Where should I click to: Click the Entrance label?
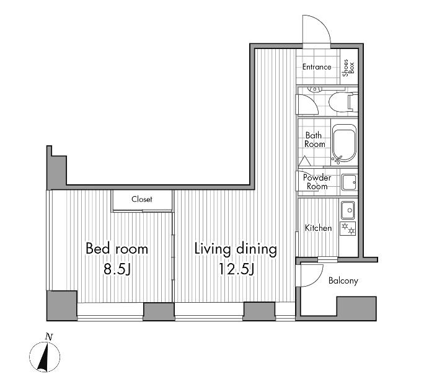317,67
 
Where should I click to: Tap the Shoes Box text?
348,68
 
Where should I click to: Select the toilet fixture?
343,102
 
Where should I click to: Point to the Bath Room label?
314,140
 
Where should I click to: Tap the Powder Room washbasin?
349,182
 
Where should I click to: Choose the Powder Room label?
317,182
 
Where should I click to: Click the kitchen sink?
348,210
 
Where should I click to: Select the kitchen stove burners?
348,228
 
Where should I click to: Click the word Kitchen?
318,228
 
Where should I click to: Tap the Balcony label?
343,280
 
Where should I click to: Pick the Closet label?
142,199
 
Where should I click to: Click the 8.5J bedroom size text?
117,269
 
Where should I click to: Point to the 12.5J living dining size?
236,269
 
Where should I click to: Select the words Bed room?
117,249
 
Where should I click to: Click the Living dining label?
236,249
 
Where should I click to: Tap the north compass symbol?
45,357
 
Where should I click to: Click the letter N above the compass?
49,337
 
